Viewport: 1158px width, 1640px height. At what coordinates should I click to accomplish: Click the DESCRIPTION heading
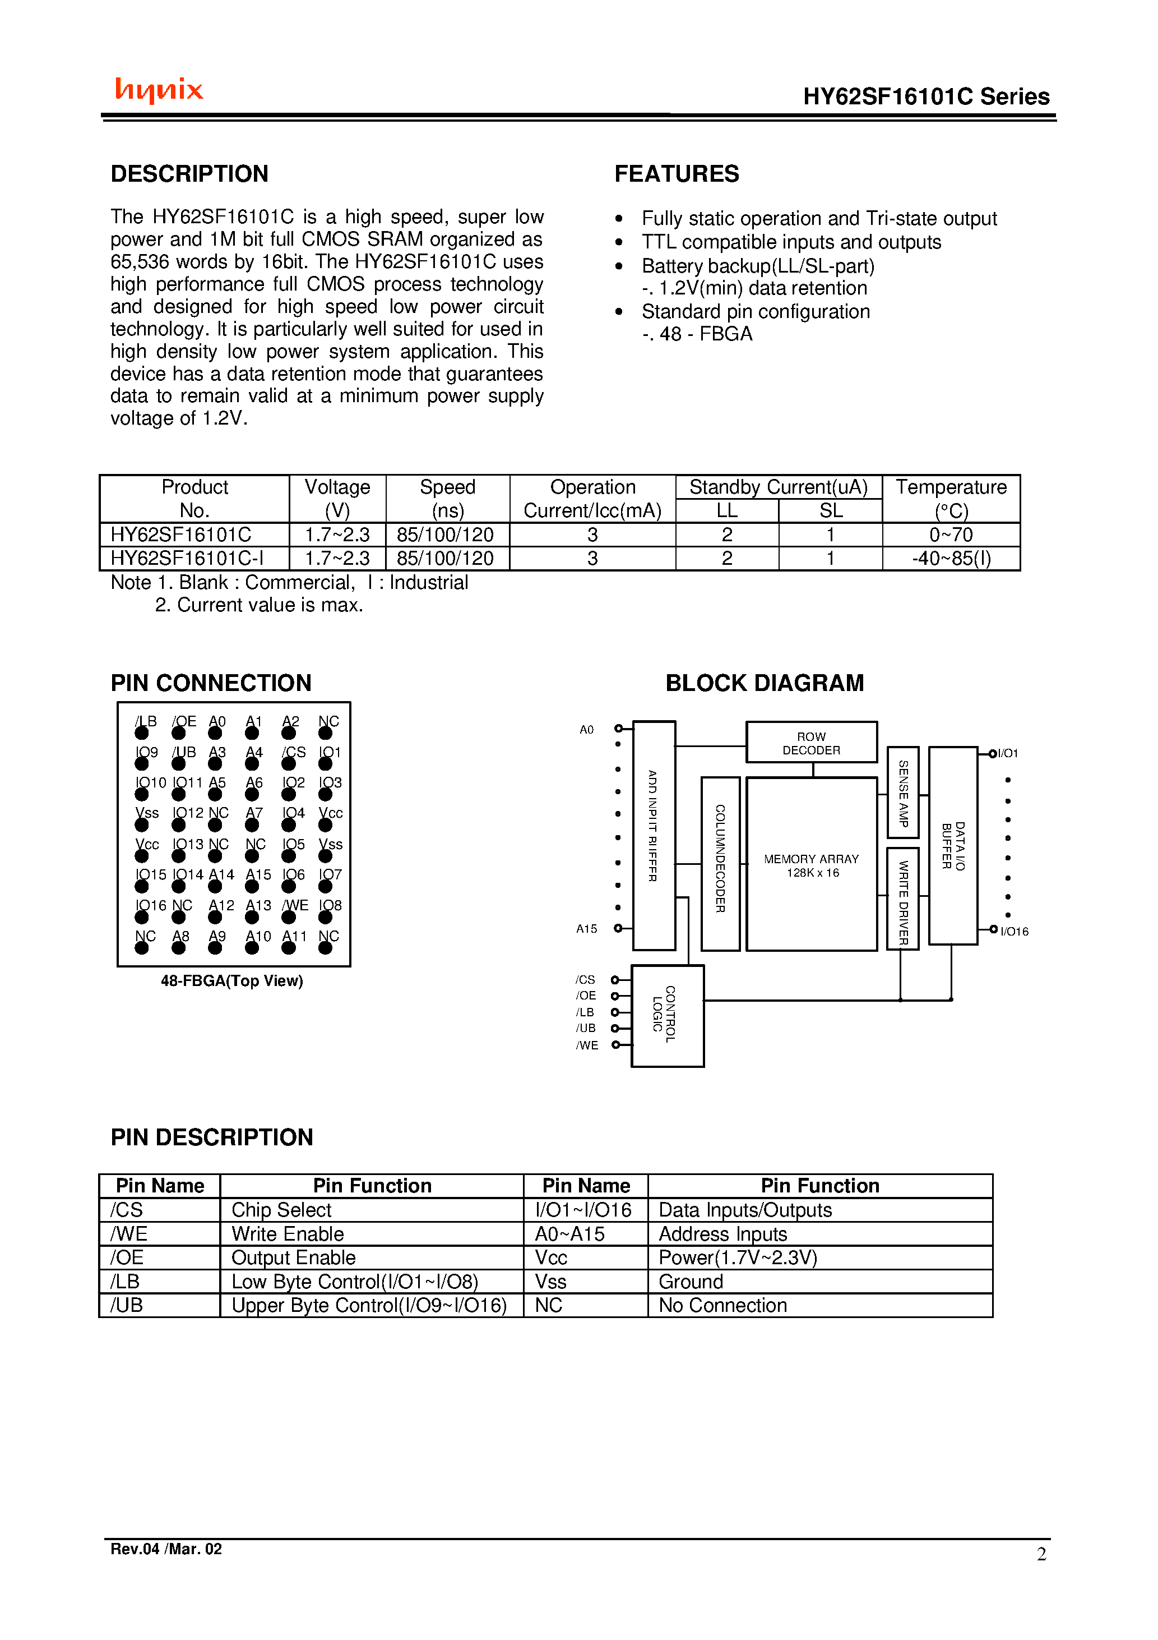[189, 173]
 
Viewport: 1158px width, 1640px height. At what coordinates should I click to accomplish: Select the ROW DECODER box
[811, 743]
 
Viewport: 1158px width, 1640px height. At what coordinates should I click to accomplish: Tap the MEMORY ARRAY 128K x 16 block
[811, 865]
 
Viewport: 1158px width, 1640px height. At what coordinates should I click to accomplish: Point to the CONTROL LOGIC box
[668, 1015]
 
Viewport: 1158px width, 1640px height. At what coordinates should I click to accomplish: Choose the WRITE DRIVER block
[902, 899]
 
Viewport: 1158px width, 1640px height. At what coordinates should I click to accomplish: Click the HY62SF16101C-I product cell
[187, 558]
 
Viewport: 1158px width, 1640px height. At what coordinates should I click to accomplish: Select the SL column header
[830, 510]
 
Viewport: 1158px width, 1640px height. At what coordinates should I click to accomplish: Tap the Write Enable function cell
[288, 1233]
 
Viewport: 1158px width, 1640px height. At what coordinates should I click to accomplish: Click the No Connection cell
[722, 1305]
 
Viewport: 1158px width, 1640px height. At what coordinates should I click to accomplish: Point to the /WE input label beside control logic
[587, 1045]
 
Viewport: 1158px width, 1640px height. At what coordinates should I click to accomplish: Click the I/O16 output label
[1014, 932]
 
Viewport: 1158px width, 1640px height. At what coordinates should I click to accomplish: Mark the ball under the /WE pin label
[289, 917]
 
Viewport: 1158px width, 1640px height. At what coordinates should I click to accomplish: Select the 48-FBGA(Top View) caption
[232, 981]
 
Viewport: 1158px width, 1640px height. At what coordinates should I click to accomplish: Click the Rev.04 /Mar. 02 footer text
[166, 1549]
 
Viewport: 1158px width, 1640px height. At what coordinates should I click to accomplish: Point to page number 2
[1041, 1554]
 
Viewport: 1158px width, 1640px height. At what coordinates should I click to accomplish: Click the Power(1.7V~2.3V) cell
[738, 1257]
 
